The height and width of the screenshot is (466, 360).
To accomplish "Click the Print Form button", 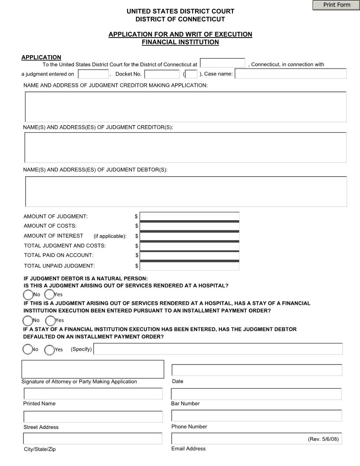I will (x=336, y=5).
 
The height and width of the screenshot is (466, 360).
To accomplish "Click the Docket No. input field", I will (x=161, y=74).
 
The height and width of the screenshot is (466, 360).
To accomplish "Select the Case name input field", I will (x=290, y=74).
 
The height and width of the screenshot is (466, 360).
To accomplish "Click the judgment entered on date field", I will (x=93, y=74).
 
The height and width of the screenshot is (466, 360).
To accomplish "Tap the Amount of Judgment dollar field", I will (x=189, y=216).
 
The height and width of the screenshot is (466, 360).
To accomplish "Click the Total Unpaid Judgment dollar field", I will (x=189, y=266).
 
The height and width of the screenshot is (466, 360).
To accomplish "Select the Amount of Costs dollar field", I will (x=189, y=226).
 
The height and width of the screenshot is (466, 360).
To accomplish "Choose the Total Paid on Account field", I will (x=189, y=256).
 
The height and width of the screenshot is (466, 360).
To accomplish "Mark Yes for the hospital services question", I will (x=49, y=294).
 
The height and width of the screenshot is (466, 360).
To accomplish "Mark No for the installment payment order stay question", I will (x=27, y=320).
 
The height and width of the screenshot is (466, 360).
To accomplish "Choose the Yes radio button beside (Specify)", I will (x=49, y=349).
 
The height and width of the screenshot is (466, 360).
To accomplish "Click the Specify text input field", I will (x=218, y=349).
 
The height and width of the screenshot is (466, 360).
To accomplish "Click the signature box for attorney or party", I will (x=93, y=369).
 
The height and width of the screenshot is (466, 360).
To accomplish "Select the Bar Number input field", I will (x=256, y=394).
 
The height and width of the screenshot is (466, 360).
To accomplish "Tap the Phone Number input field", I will (x=256, y=416).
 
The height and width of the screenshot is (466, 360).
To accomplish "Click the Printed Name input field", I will (x=93, y=394).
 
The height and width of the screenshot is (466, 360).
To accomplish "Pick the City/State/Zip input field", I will (x=93, y=439).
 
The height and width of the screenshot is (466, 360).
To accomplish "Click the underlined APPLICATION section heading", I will (x=41, y=57).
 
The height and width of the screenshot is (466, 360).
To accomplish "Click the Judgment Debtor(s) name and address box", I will (x=186, y=191).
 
